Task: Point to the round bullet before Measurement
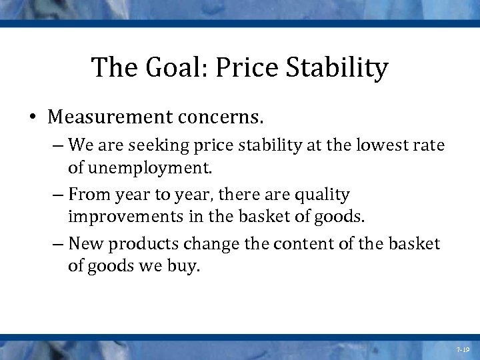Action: tap(33, 119)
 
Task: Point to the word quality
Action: tap(323, 195)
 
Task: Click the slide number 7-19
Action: tap(463, 349)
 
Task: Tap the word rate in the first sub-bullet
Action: tap(430, 145)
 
